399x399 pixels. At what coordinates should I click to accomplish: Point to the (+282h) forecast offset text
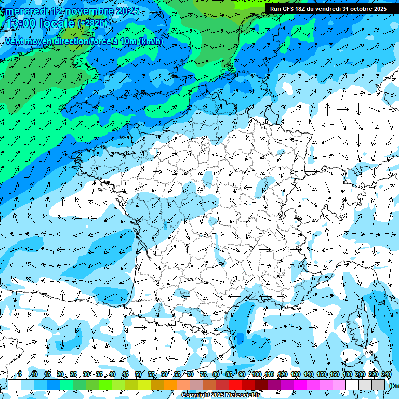coord(92,23)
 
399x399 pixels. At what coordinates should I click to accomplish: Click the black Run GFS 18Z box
coord(328,9)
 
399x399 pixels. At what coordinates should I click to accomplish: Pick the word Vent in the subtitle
coord(15,42)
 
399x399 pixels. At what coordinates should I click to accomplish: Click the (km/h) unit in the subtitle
coord(151,42)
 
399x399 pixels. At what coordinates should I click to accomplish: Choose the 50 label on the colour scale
coord(138,375)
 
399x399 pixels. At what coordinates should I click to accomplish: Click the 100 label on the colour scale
coord(256,375)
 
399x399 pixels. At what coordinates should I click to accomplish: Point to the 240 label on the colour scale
coord(386,375)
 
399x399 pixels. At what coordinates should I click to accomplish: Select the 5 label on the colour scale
coord(19,375)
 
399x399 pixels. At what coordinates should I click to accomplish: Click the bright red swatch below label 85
coord(235,384)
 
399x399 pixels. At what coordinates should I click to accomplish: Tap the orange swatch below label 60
coord(170,384)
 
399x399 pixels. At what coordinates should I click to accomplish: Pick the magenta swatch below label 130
coord(300,384)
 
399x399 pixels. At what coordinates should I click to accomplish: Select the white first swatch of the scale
coord(15,384)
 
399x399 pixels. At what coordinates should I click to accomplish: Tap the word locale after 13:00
coord(55,23)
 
